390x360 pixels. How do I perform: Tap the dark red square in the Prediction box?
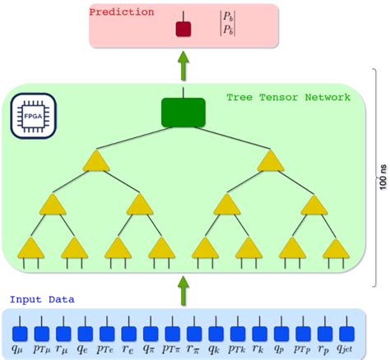[x=183, y=30]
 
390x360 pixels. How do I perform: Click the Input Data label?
[x=33, y=299]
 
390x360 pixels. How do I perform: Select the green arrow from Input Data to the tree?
[x=182, y=288]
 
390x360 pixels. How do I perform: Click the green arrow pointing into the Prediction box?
[x=182, y=63]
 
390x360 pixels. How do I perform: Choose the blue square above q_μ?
[x=20, y=333]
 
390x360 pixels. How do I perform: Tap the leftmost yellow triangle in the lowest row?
[x=31, y=247]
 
